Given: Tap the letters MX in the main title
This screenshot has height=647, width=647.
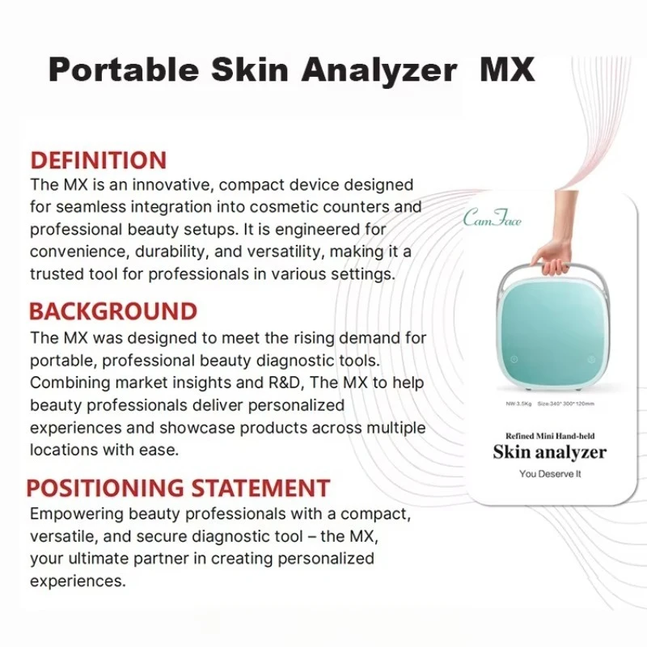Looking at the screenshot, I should click(x=507, y=70).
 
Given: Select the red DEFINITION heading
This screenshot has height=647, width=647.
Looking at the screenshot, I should click(x=98, y=160).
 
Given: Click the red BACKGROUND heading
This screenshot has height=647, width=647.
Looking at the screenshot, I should click(x=112, y=311).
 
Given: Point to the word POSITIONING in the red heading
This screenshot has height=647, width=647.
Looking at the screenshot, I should click(x=105, y=488).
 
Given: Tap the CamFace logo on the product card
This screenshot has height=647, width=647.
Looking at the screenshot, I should click(x=493, y=218).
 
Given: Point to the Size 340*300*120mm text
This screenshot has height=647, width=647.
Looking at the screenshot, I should click(x=571, y=401).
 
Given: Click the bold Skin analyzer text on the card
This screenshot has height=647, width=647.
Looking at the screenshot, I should click(x=549, y=451).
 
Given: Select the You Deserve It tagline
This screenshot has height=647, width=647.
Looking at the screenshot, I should click(x=549, y=474).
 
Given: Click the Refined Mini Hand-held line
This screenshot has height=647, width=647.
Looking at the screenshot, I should click(x=549, y=436).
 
